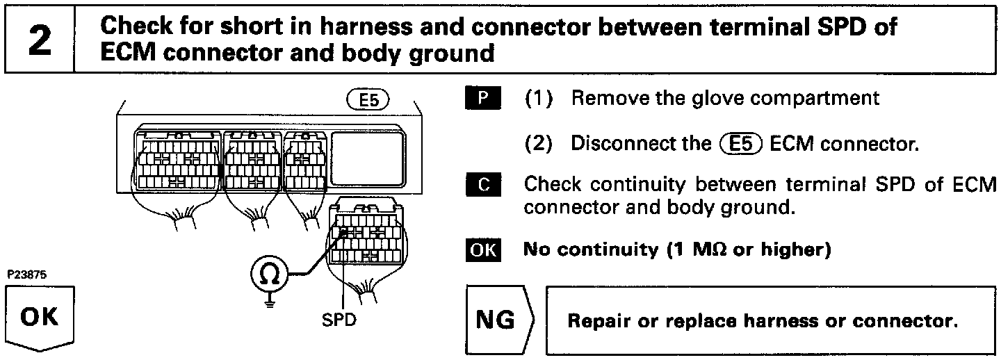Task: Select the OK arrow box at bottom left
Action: click(40, 320)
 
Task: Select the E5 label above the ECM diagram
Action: click(368, 99)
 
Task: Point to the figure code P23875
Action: click(26, 275)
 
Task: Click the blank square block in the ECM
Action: click(366, 159)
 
